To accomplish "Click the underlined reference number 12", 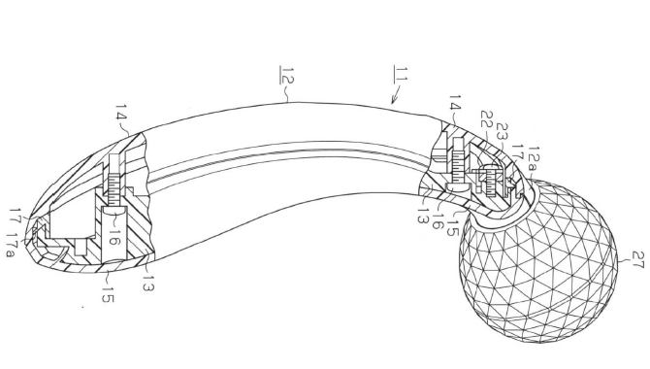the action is pos(286,75).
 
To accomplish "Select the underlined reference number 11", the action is pos(401,74).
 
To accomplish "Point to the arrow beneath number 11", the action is pos(396,94).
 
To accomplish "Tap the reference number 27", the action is pos(638,260).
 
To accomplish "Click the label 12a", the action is pos(534,157).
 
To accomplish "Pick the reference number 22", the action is pos(488,119).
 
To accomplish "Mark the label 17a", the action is pos(12,246).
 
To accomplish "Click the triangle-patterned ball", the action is pos(538,256).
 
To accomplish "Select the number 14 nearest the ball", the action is pos(455,103).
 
